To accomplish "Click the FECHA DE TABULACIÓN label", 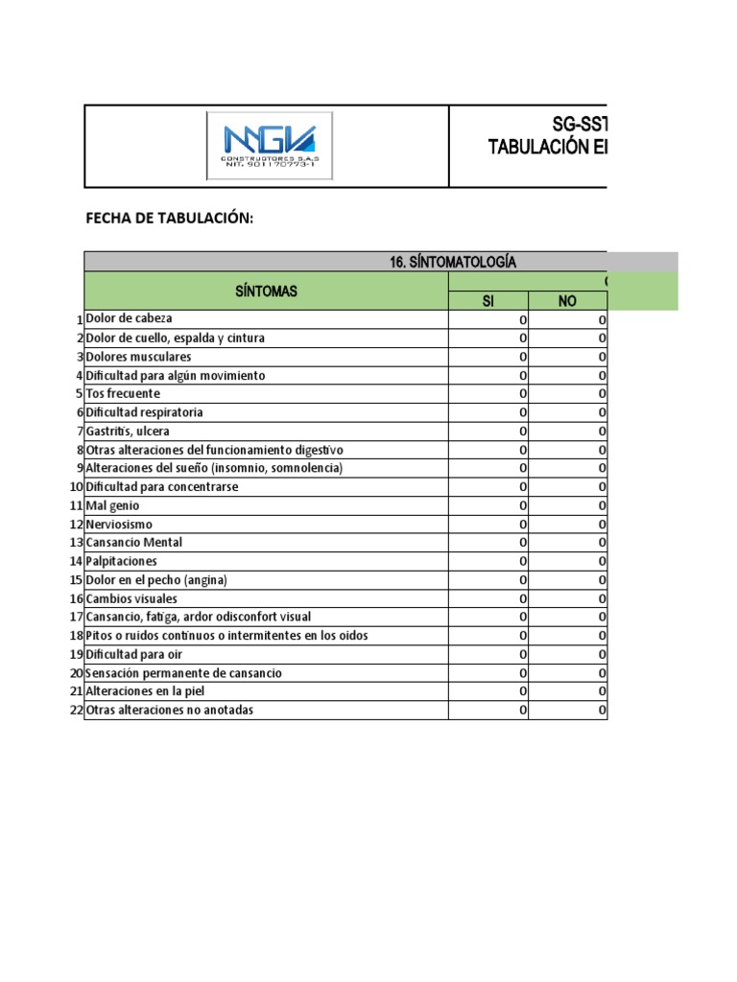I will [170, 219].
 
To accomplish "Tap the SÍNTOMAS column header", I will [266, 292].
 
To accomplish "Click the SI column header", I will [487, 301].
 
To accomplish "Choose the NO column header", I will [567, 301].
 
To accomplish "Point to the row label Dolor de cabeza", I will [130, 318].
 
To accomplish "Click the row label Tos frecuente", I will [123, 393].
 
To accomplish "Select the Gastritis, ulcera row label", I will [128, 431].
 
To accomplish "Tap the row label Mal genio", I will [112, 505].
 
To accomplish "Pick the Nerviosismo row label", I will [119, 524].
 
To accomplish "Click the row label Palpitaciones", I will [122, 561].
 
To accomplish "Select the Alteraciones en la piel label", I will [145, 691].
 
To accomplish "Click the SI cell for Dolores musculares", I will [487, 356].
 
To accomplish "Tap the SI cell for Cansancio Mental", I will [487, 543].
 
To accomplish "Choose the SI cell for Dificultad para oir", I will [487, 654].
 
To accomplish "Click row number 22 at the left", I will [76, 711].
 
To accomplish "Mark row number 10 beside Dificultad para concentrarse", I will [76, 487].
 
